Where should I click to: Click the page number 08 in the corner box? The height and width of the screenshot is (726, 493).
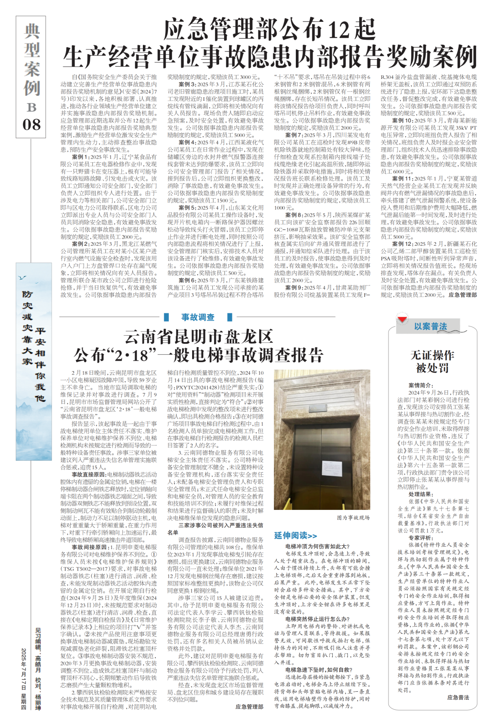(31, 124)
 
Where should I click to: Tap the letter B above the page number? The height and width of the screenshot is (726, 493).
(31, 107)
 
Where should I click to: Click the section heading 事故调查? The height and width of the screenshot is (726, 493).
(198, 317)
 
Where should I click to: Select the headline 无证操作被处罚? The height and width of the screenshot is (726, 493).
(432, 361)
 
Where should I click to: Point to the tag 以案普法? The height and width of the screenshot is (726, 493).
(430, 327)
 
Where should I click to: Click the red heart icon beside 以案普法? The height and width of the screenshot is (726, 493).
(402, 319)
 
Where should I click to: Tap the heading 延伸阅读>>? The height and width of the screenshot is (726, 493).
(295, 535)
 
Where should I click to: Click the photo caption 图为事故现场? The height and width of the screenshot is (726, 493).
(353, 518)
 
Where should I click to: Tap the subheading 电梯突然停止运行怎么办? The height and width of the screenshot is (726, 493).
(317, 619)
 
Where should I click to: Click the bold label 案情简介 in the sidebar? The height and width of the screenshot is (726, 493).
(420, 385)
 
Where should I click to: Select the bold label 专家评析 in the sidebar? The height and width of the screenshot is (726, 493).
(420, 538)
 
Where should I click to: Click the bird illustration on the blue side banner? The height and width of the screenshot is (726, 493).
(22, 277)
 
